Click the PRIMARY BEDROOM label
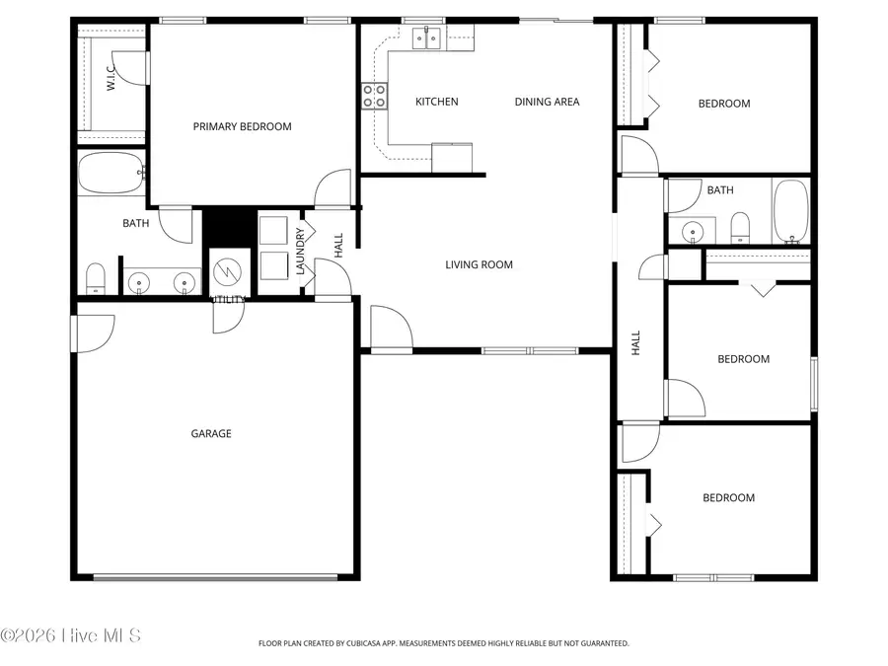click(x=242, y=126)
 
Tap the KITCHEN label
click(x=436, y=102)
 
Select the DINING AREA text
click(x=547, y=102)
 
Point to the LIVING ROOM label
click(x=479, y=264)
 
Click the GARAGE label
click(x=211, y=433)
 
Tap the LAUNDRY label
click(x=300, y=252)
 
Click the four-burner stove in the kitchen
click(x=375, y=96)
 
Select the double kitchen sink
click(x=426, y=38)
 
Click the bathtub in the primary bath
click(x=111, y=173)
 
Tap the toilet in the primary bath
click(x=96, y=278)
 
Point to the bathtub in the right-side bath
click(x=790, y=211)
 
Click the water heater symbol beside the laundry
click(x=226, y=269)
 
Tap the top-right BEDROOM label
click(x=724, y=104)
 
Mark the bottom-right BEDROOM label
click(x=728, y=498)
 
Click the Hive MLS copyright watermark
click(x=70, y=634)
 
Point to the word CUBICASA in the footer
click(x=365, y=643)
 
